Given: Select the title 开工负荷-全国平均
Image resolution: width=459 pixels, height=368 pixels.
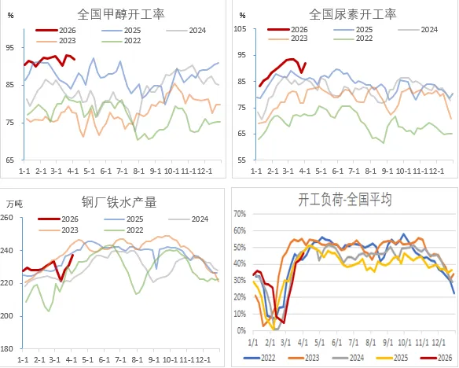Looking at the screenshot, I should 348,199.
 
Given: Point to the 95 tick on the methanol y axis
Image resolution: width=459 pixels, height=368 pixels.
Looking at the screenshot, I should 10,47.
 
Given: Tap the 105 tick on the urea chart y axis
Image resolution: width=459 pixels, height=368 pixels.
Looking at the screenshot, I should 241,29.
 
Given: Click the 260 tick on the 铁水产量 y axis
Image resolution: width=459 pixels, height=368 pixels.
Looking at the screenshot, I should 12,217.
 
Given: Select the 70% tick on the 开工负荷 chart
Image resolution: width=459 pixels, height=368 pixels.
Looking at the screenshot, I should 241,213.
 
